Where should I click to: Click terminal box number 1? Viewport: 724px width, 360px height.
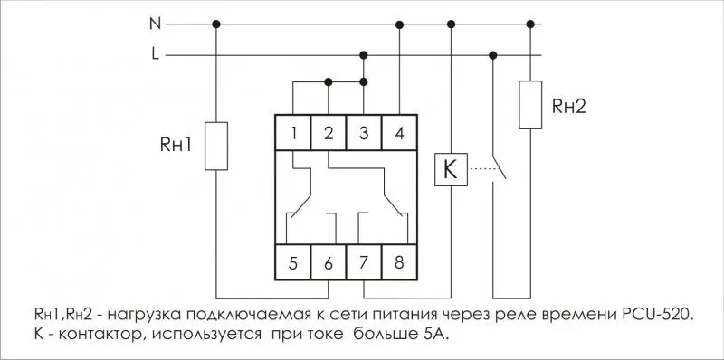(x=293, y=132)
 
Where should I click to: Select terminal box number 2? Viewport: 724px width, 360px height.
(x=329, y=132)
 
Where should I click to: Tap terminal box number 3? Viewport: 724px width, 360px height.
(x=364, y=132)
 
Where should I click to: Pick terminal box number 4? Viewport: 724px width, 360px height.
(x=399, y=132)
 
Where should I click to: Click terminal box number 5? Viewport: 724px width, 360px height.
(x=293, y=262)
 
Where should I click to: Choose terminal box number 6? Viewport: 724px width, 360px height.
(x=329, y=262)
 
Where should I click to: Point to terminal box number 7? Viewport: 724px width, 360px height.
(x=364, y=262)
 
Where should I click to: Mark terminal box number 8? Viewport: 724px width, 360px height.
(x=399, y=262)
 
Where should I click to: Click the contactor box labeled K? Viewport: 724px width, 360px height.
(x=451, y=169)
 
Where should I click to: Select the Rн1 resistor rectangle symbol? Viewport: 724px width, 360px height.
(x=216, y=146)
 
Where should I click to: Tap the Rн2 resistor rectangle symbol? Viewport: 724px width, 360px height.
(x=530, y=105)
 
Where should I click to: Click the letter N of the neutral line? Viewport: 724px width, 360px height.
(x=155, y=24)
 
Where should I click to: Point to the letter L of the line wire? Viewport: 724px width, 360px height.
(x=155, y=54)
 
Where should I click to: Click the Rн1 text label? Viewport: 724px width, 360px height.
(x=176, y=145)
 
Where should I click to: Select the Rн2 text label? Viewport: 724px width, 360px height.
(x=569, y=107)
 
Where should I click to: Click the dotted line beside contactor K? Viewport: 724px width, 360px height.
(x=482, y=169)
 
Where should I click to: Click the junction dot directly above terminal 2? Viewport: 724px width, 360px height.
(x=329, y=82)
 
